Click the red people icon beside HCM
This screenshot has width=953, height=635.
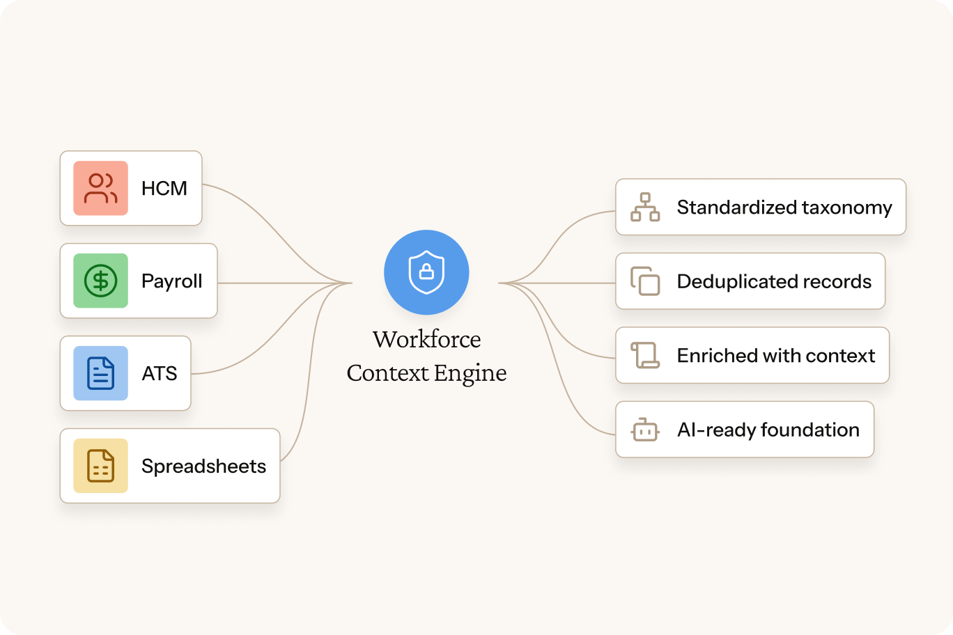pyautogui.click(x=100, y=188)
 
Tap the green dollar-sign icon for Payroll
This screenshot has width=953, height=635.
pyautogui.click(x=100, y=281)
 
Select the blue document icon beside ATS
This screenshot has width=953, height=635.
pyautogui.click(x=100, y=373)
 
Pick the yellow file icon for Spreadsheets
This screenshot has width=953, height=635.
pyautogui.click(x=100, y=466)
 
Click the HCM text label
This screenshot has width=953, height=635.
pyautogui.click(x=164, y=188)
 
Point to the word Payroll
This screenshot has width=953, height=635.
pyautogui.click(x=172, y=281)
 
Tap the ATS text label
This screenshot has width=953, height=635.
pyautogui.click(x=160, y=373)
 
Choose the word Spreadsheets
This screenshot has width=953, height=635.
pyautogui.click(x=204, y=467)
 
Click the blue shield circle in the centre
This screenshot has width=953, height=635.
pyautogui.click(x=426, y=272)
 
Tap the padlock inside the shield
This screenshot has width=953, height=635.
pyautogui.click(x=426, y=272)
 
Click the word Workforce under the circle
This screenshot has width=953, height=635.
pyautogui.click(x=427, y=339)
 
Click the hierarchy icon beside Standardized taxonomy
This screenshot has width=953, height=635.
pyautogui.click(x=645, y=207)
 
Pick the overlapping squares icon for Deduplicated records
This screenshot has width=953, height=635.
pyautogui.click(x=645, y=281)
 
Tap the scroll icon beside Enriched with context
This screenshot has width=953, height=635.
pyautogui.click(x=645, y=355)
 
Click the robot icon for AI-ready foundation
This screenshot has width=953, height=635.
pyautogui.click(x=645, y=430)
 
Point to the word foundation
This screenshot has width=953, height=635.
pyautogui.click(x=810, y=430)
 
